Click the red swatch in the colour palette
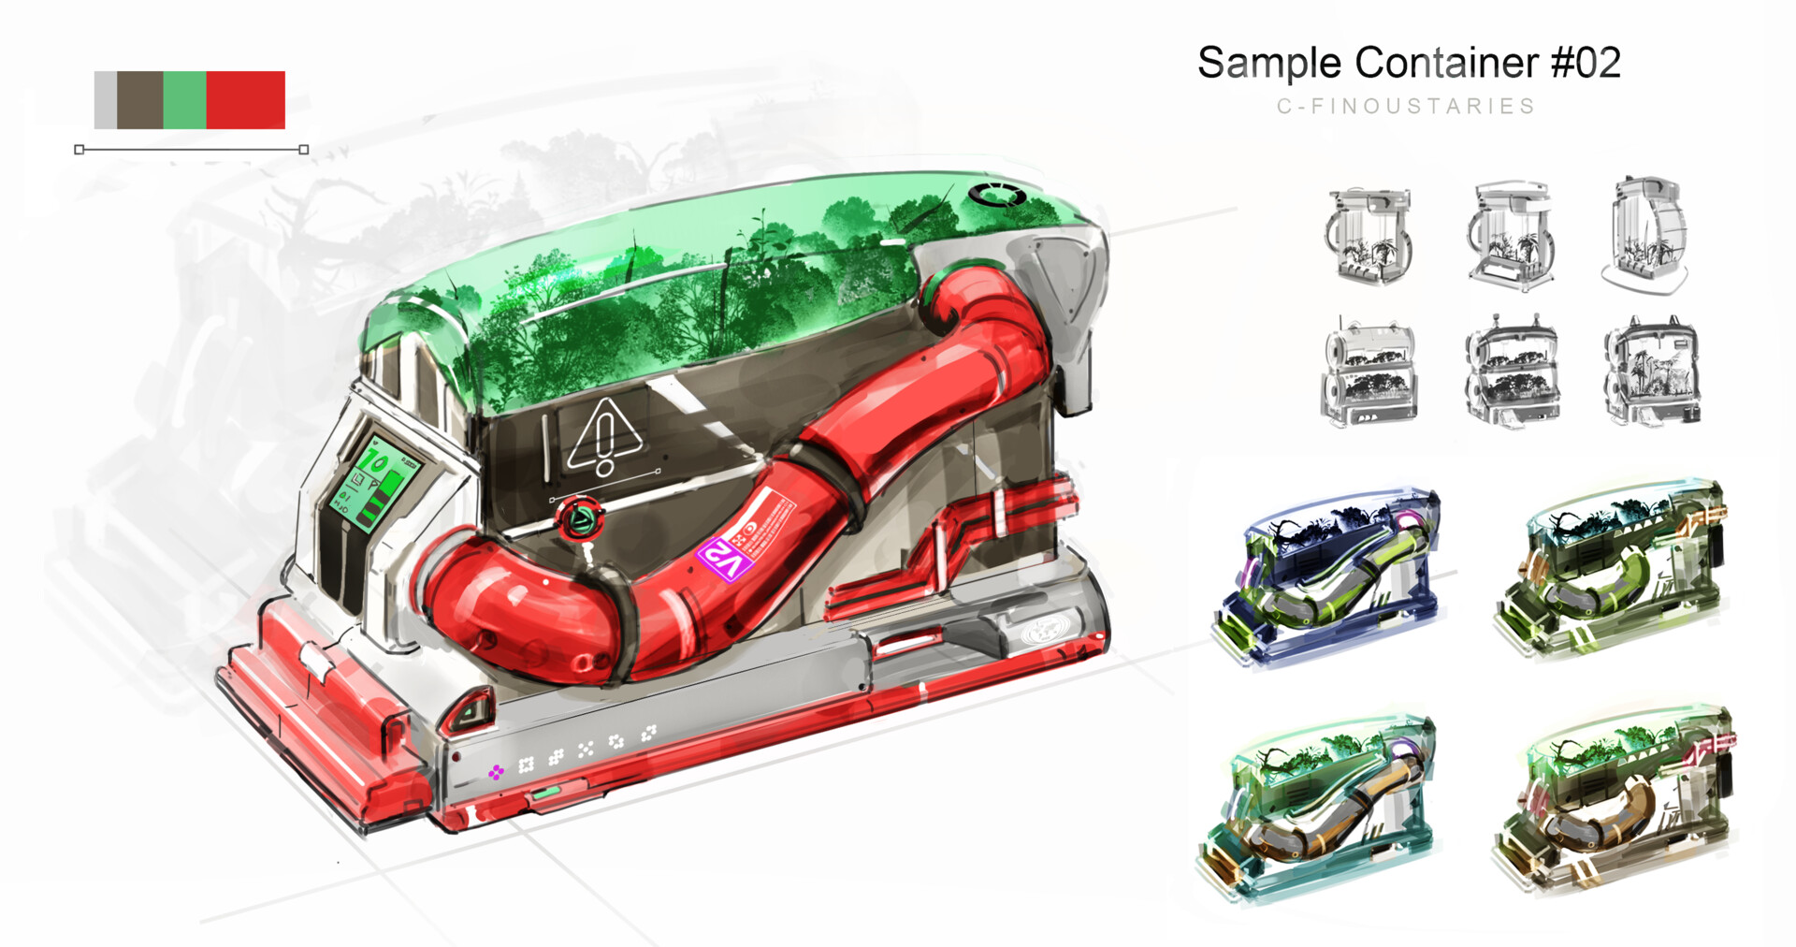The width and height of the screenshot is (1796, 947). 245,99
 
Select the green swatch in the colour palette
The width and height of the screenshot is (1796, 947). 184,99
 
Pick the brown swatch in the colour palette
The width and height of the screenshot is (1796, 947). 139,99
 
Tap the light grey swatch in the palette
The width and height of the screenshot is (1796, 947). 105,99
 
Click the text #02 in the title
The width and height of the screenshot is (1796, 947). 1586,63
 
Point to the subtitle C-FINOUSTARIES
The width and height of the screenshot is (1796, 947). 1406,106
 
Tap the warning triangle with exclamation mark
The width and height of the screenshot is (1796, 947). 605,437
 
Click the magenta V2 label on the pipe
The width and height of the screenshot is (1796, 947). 725,559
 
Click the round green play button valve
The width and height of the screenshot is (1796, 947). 578,518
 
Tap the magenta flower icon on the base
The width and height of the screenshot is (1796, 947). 496,771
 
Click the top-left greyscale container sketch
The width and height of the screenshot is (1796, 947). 1368,236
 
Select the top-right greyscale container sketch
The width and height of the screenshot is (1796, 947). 1646,234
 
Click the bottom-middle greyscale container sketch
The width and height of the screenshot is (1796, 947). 1511,372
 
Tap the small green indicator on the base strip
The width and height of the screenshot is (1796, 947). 546,794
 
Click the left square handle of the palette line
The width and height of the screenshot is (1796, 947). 80,150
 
